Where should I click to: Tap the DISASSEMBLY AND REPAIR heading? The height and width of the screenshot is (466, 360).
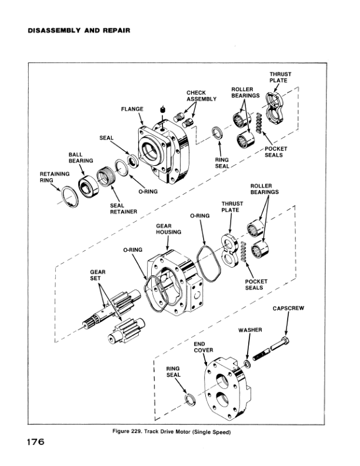pyautogui.click(x=78, y=29)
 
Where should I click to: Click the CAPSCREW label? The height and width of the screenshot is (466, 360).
pyautogui.click(x=288, y=308)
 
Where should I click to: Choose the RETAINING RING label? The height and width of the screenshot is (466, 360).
pyautogui.click(x=55, y=177)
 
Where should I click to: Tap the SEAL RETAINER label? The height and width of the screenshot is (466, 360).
pyautogui.click(x=124, y=208)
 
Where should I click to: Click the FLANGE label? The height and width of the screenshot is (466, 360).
pyautogui.click(x=132, y=109)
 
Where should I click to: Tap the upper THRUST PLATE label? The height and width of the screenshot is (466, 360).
pyautogui.click(x=281, y=77)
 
